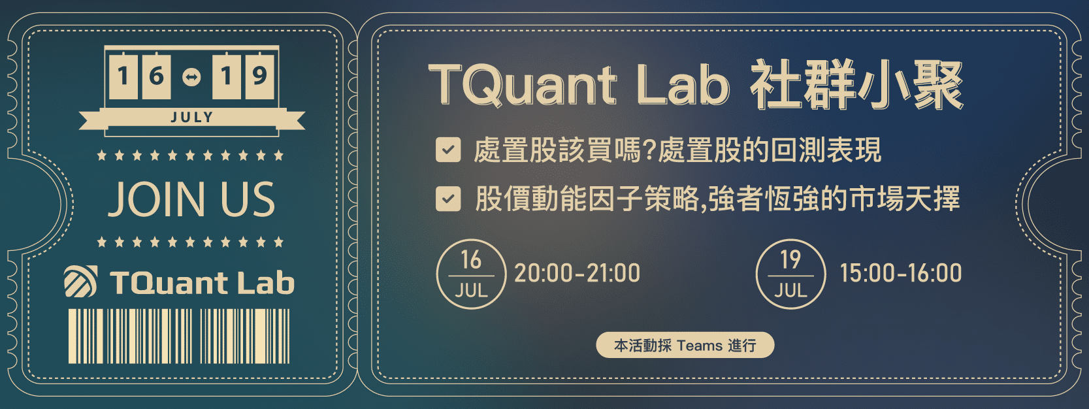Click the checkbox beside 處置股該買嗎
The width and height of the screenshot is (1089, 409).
tap(448, 150)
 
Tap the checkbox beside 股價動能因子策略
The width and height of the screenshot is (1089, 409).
tap(448, 199)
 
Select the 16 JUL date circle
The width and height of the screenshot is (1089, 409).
tap(471, 274)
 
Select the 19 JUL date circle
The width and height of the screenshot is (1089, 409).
tap(790, 274)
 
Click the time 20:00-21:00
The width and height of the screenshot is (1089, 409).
tap(577, 273)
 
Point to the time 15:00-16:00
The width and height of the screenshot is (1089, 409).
tap(900, 273)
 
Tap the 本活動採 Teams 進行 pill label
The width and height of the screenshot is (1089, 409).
tap(685, 345)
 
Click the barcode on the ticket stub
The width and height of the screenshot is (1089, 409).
tap(179, 336)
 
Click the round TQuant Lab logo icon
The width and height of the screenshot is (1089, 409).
tap(81, 282)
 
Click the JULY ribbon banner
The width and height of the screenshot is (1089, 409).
tap(191, 118)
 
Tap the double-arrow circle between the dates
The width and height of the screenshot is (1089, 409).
tap(191, 76)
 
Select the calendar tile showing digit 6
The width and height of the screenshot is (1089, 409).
tap(157, 76)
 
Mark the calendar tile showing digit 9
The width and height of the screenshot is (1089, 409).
tap(259, 76)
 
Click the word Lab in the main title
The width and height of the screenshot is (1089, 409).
tap(681, 85)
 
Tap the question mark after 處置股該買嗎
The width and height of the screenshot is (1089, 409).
tap(649, 150)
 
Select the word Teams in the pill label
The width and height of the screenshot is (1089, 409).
tap(700, 345)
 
